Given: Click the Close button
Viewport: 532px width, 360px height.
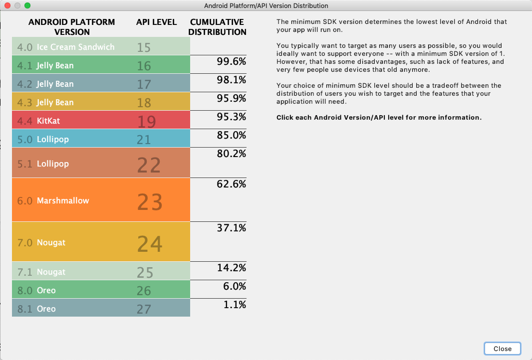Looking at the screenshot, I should [x=502, y=349].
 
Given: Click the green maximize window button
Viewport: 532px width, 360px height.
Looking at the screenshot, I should [x=27, y=5].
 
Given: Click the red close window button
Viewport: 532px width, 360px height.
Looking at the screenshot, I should [x=7, y=5].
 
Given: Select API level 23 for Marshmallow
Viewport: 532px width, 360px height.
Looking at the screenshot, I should [x=150, y=201].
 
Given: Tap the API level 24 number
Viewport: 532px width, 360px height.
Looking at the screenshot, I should [x=150, y=243].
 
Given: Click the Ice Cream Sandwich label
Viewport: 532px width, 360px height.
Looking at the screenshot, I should [x=66, y=47].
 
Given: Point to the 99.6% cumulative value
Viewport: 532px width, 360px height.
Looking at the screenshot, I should [x=232, y=62].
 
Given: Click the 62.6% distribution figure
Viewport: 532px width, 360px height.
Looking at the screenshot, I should [x=232, y=184].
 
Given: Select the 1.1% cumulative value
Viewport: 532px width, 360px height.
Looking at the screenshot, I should [x=235, y=304].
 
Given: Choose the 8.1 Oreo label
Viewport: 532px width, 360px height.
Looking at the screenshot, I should [x=36, y=309].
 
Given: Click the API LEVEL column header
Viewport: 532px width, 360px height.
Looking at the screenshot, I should [x=156, y=22].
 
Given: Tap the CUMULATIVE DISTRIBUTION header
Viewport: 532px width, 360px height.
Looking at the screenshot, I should [x=218, y=27].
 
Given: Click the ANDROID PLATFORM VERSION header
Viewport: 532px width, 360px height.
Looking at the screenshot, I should [x=72, y=27].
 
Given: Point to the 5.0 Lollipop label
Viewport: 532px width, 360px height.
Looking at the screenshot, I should [x=43, y=139].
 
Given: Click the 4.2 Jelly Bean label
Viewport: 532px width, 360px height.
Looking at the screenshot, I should [x=45, y=84].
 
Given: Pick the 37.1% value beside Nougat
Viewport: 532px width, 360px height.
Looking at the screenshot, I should [x=232, y=227].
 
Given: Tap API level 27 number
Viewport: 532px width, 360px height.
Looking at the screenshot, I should [x=144, y=309].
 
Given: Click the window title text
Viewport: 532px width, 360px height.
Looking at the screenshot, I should [x=266, y=5].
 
